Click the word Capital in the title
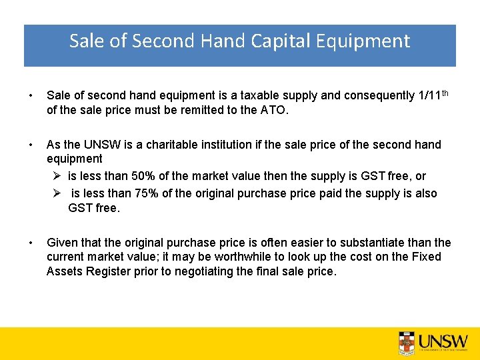(281, 41)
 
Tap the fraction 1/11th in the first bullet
(431, 95)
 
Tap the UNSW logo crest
(406, 342)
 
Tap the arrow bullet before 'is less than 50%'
(57, 176)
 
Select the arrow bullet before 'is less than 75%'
(57, 193)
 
